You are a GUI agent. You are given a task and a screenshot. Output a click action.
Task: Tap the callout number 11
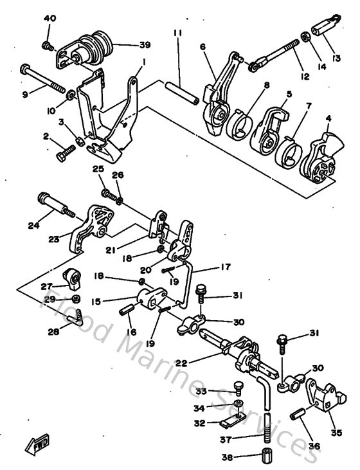(177, 32)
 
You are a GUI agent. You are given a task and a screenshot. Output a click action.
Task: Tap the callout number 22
(181, 363)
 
